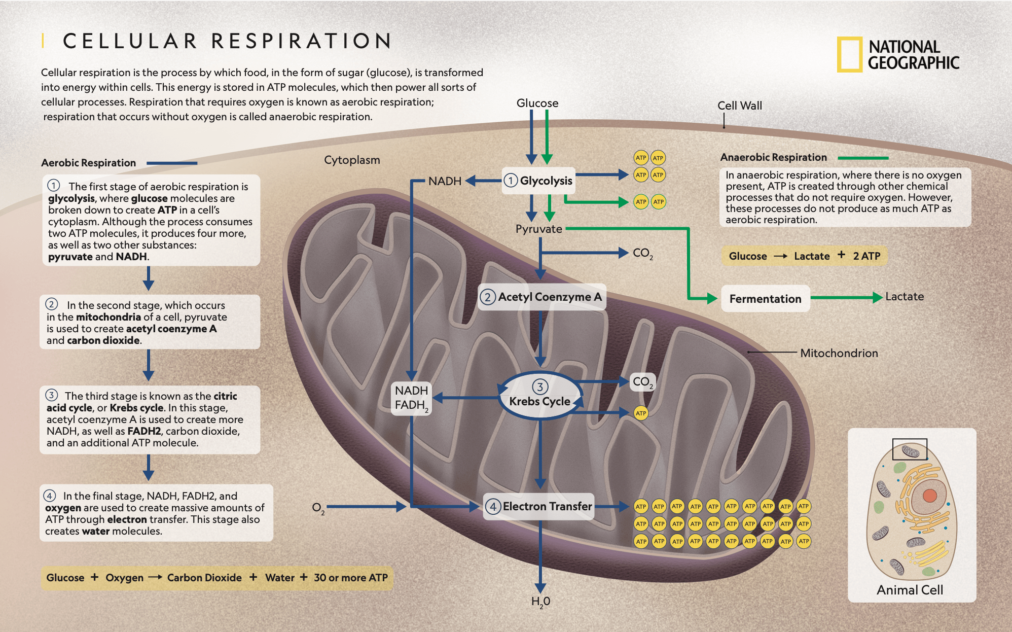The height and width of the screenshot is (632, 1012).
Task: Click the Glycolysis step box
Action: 538,181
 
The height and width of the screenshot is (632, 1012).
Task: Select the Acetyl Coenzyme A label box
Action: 541,297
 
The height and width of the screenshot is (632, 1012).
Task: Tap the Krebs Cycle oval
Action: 540,396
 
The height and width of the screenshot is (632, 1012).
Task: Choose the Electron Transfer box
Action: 538,506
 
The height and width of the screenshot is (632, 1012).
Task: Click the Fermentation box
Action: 766,299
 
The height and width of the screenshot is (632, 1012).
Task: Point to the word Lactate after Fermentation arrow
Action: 905,297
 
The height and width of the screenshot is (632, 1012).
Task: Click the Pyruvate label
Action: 538,229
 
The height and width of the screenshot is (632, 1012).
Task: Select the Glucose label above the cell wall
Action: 537,103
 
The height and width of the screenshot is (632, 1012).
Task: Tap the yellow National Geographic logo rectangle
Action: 849,54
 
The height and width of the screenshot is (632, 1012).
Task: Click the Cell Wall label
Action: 740,106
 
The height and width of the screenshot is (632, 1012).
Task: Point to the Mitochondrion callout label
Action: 839,353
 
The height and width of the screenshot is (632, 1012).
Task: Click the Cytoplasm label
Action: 352,160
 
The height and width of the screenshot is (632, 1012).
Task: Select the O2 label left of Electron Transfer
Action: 318,508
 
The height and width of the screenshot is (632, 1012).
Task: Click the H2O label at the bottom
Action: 540,602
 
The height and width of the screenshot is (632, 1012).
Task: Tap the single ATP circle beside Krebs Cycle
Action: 641,413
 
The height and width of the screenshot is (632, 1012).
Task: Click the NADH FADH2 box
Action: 412,398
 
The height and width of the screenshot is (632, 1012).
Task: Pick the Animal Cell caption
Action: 910,590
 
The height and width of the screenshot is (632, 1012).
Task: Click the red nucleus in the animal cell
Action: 929,496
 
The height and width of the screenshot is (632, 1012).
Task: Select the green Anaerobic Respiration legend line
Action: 863,158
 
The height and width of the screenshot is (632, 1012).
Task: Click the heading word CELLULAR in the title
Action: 130,41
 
